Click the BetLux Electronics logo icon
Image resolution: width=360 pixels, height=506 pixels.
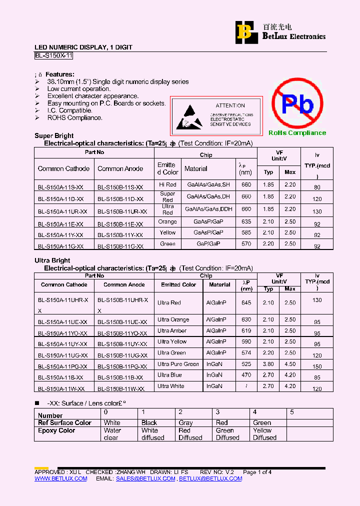(x=244, y=32)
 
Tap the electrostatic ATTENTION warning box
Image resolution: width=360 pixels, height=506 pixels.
(x=216, y=115)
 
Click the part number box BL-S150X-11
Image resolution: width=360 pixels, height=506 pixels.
(x=54, y=56)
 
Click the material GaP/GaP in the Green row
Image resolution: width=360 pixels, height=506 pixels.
(x=208, y=244)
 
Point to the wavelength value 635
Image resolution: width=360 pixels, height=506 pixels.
(x=246, y=221)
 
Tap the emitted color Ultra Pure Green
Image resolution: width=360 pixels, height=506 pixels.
(x=178, y=364)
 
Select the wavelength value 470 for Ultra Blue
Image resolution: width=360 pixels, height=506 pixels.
(x=246, y=375)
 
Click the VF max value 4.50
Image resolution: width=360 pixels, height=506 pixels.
(x=290, y=364)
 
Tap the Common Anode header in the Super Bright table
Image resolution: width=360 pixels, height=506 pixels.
(x=120, y=168)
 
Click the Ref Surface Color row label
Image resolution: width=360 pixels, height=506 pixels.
(x=64, y=423)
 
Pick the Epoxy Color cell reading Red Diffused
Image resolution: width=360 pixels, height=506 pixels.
(x=190, y=434)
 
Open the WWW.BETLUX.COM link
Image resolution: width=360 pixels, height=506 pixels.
(x=60, y=478)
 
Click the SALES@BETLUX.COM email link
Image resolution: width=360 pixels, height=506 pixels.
(x=145, y=478)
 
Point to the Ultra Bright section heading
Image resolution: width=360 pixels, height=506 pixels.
(x=52, y=260)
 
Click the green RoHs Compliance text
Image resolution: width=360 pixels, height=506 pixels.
(x=297, y=133)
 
